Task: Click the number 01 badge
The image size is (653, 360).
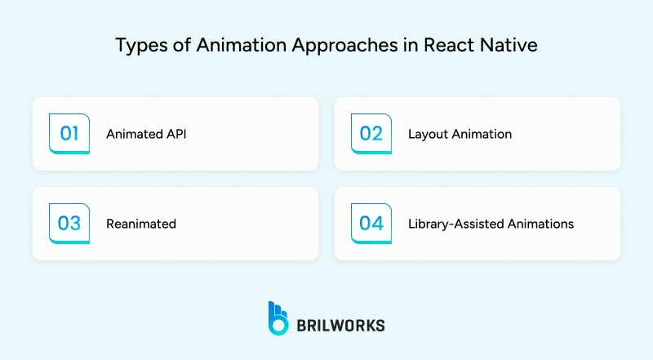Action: pyautogui.click(x=69, y=134)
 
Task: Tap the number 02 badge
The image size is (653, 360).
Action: pyautogui.click(x=371, y=134)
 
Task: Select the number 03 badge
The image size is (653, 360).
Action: pyautogui.click(x=69, y=224)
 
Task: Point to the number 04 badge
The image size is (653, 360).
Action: pyautogui.click(x=371, y=224)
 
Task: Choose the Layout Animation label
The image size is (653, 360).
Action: pyautogui.click(x=460, y=134)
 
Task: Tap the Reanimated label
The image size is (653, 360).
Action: pyautogui.click(x=141, y=224)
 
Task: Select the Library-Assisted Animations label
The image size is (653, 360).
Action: pyautogui.click(x=491, y=224)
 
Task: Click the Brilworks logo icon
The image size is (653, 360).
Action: pyautogui.click(x=278, y=318)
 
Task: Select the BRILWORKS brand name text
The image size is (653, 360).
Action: pyautogui.click(x=341, y=325)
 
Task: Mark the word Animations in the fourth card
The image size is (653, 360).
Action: pyautogui.click(x=543, y=224)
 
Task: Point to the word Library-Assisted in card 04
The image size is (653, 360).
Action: pyautogui.click(x=458, y=224)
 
